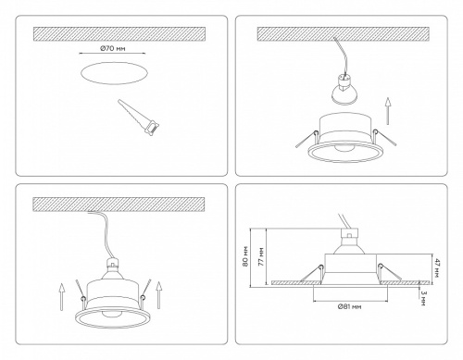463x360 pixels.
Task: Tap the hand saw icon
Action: coord(135,116)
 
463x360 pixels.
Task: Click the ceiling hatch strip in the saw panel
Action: coord(116,33)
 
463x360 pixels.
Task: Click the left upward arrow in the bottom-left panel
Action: coord(59,299)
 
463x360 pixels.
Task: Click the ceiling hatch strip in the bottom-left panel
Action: coord(116,201)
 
